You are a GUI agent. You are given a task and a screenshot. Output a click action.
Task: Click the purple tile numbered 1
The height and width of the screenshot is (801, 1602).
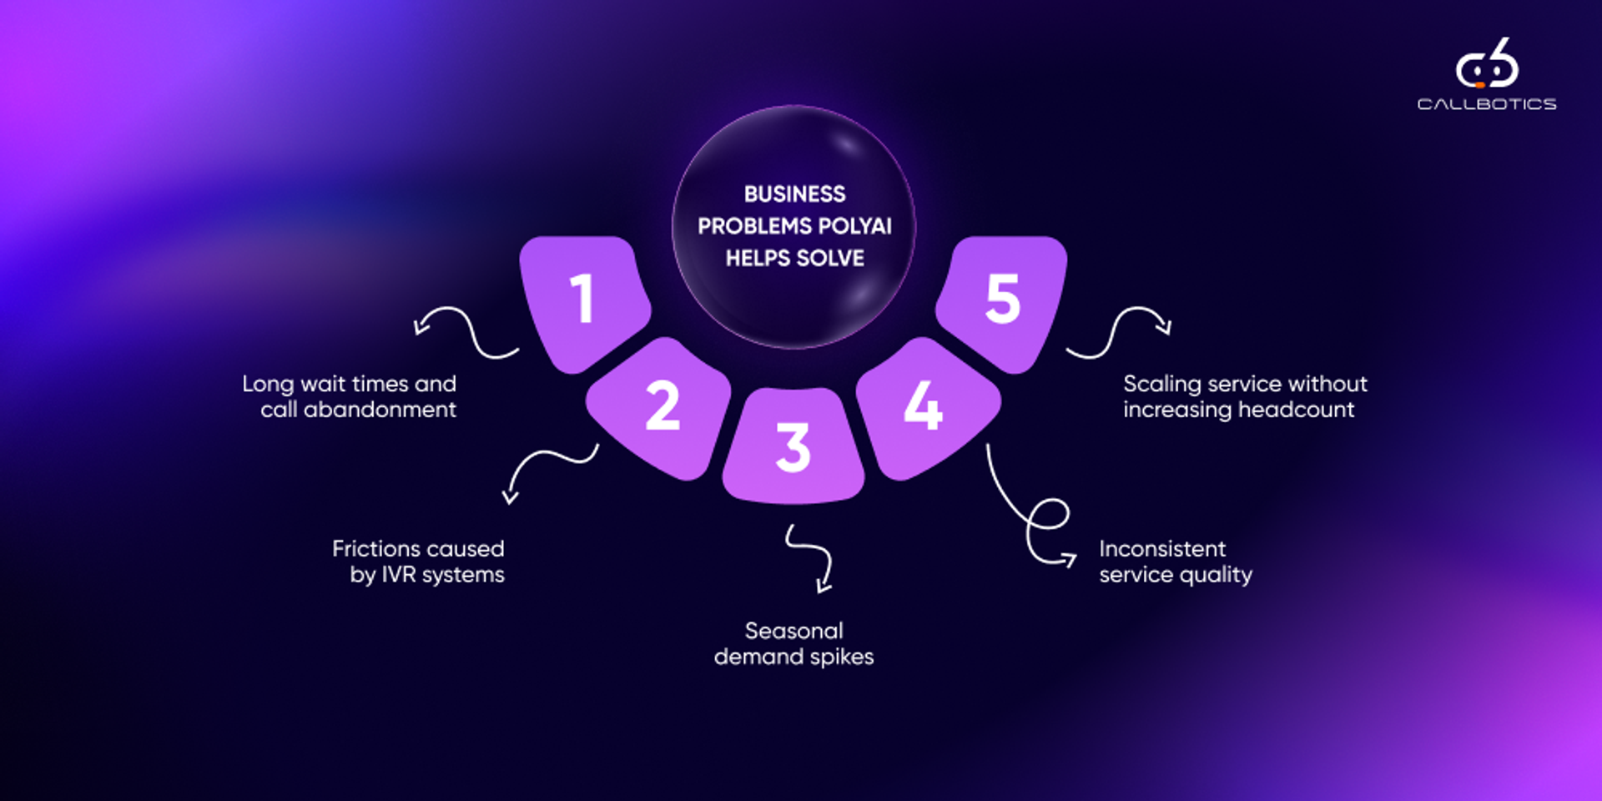pyautogui.click(x=584, y=300)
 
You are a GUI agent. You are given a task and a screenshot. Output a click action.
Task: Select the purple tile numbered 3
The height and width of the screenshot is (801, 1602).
pyautogui.click(x=793, y=446)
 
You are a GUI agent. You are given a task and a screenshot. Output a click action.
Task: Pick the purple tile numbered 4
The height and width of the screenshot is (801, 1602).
pyautogui.click(x=924, y=407)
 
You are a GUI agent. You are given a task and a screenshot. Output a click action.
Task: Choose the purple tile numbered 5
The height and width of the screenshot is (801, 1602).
pyautogui.click(x=1001, y=300)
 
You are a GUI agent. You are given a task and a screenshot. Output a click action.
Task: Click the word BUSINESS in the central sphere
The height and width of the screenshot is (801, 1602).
pyautogui.click(x=794, y=194)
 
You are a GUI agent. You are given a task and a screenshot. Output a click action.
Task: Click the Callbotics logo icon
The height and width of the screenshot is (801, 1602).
pyautogui.click(x=1487, y=64)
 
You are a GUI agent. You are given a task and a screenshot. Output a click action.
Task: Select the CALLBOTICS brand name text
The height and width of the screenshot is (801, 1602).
pyautogui.click(x=1487, y=104)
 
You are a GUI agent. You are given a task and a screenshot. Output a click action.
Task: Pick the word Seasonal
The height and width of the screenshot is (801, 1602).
pyautogui.click(x=793, y=631)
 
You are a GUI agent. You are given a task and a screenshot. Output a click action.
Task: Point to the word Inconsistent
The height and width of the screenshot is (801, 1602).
pyautogui.click(x=1162, y=549)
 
